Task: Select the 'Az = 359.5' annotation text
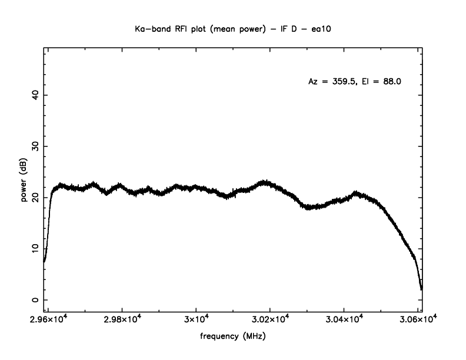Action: tap(332, 82)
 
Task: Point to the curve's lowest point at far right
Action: tap(421, 289)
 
